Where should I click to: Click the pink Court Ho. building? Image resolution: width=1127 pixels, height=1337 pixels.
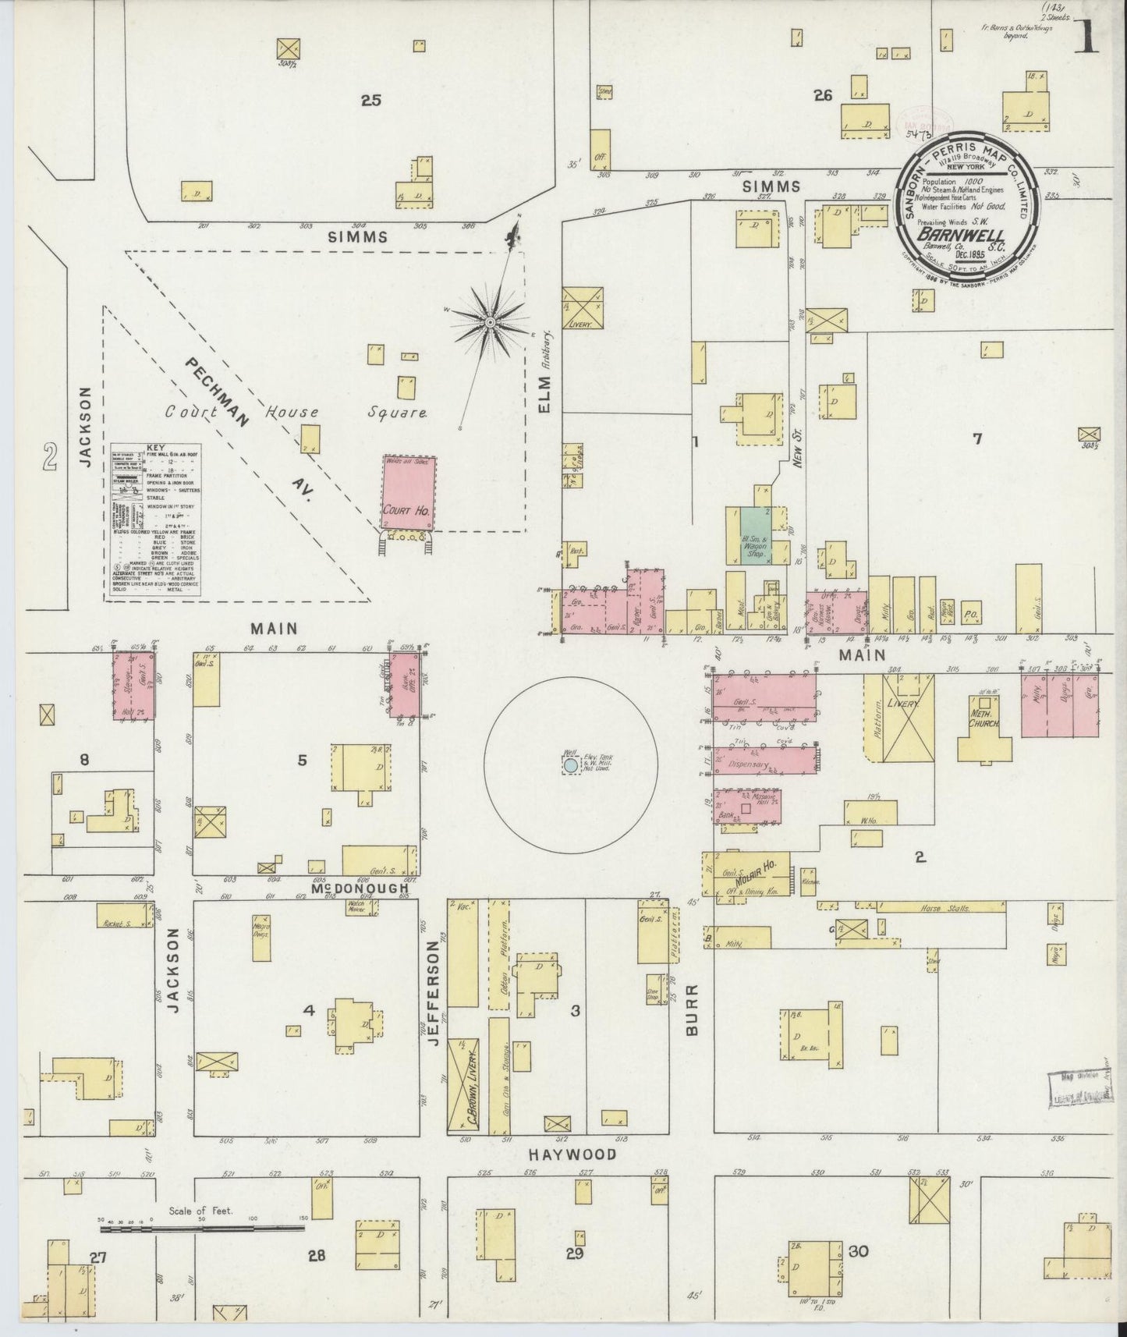tap(409, 494)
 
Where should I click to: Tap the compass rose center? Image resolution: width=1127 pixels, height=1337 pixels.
tap(490, 322)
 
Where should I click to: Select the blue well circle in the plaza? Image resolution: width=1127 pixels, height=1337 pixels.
tap(571, 766)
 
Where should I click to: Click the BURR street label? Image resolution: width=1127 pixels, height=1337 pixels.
tap(691, 1009)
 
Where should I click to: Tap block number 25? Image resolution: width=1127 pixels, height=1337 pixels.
tap(370, 100)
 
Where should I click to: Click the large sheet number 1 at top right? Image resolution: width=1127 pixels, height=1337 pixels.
tap(1085, 37)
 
